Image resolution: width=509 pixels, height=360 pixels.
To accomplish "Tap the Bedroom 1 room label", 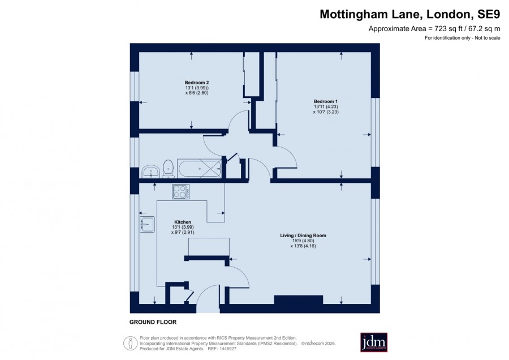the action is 326,101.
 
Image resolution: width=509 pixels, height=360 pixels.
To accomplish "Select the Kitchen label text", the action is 183,222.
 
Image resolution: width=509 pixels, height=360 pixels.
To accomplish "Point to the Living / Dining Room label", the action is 303,235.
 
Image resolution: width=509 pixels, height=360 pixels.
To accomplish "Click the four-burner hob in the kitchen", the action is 181,191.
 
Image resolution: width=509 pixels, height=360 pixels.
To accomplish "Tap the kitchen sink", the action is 147,225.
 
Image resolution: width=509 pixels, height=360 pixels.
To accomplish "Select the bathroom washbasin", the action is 150,172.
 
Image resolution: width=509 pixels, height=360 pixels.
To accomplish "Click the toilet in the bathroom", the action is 168,168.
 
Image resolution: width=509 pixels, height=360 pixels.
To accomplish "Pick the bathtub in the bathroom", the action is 199,168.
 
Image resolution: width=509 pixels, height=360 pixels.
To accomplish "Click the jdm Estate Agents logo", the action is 374,342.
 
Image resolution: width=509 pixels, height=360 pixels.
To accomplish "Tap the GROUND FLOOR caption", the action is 153,322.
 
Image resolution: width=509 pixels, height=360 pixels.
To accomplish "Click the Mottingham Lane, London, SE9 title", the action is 410,14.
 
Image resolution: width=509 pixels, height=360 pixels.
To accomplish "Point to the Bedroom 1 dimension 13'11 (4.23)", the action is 326,106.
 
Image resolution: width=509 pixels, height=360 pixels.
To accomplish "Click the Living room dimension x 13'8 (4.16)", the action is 303,246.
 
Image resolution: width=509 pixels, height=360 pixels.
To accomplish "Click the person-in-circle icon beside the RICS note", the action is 131,343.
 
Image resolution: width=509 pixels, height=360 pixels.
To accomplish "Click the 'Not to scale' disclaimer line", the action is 463,38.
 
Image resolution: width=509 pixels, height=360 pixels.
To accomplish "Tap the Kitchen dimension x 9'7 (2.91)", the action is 183,233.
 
